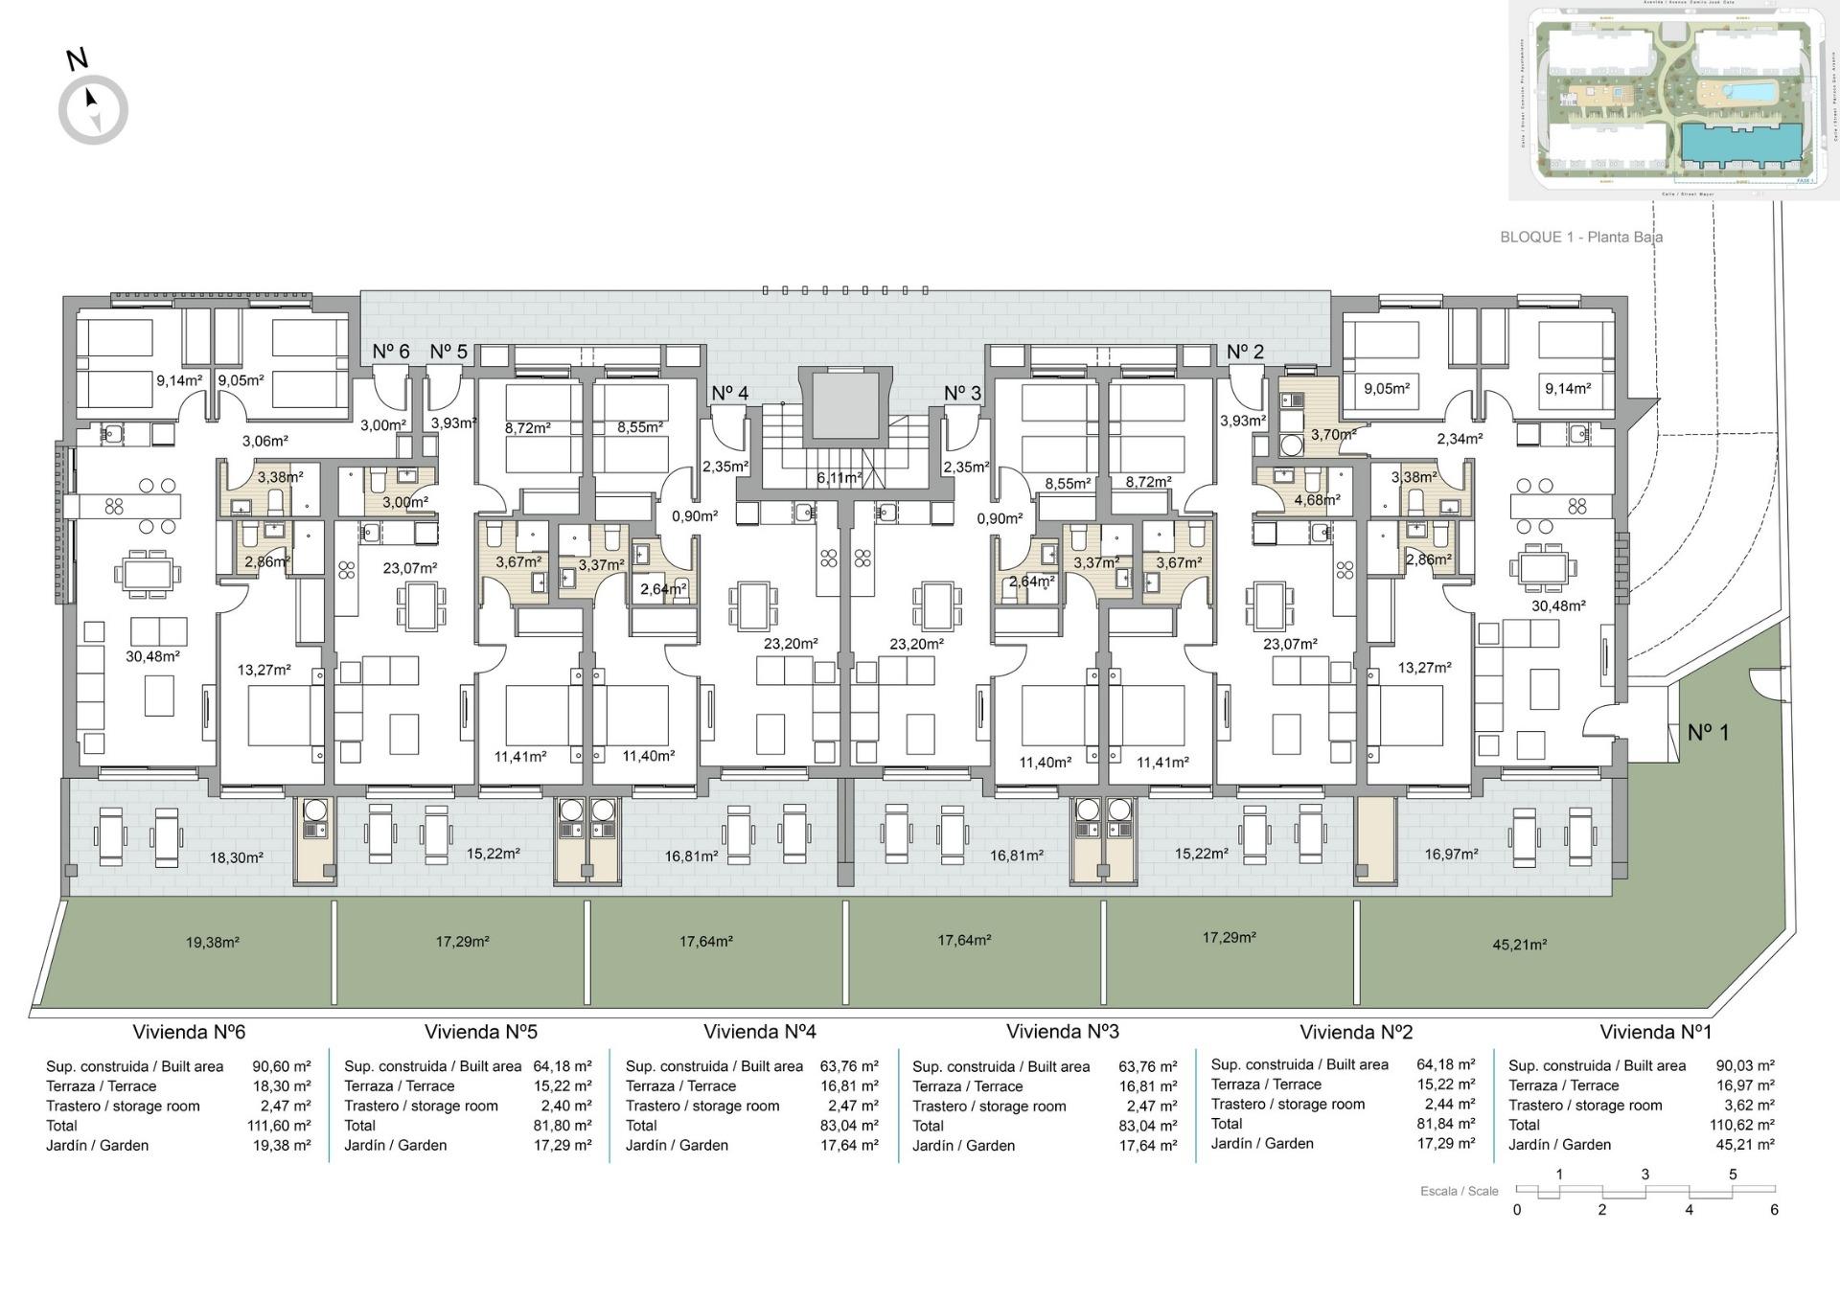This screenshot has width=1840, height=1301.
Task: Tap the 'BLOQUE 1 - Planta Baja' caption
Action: click(1580, 237)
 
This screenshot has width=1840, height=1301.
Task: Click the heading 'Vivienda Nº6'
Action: click(189, 1032)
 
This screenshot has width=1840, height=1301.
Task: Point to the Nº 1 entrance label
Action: click(1708, 732)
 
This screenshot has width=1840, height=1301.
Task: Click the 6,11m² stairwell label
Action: click(839, 477)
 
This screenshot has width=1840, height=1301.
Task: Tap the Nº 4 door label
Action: click(729, 393)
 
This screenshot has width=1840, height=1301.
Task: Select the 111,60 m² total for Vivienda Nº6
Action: click(279, 1126)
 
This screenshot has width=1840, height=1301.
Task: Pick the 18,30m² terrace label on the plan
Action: click(236, 857)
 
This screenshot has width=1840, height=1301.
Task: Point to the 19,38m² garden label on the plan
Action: click(212, 942)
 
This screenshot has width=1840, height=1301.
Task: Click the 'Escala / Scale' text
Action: click(1459, 1191)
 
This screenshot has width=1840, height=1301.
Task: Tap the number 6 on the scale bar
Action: click(1774, 1210)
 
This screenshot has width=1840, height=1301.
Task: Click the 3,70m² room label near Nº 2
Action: click(1333, 434)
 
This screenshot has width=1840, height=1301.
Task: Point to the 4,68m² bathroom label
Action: click(1317, 499)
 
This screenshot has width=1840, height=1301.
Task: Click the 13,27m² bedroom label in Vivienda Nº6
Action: click(264, 670)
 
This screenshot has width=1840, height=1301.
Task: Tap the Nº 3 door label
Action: click(962, 393)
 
